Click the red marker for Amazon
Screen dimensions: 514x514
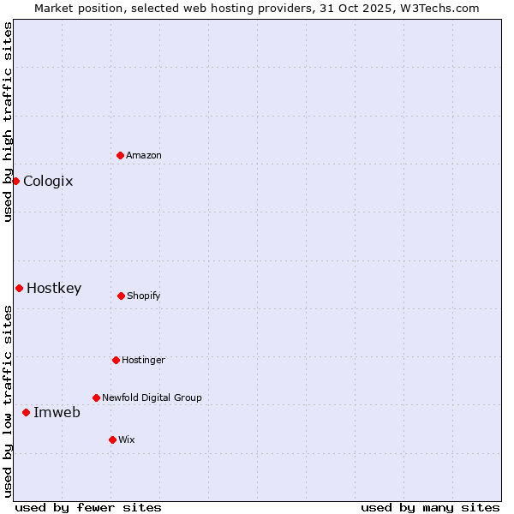(x=120, y=155)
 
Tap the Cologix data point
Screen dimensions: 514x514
(x=15, y=181)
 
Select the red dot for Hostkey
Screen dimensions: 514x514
(x=19, y=288)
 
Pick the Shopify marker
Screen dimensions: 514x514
(x=121, y=296)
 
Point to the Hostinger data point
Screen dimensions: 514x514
(x=116, y=360)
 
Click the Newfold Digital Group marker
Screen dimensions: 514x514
(x=96, y=397)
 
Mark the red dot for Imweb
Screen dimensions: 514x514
(x=26, y=412)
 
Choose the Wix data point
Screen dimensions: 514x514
(x=112, y=439)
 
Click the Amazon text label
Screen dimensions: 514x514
(x=144, y=155)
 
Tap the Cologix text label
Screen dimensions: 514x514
(x=48, y=181)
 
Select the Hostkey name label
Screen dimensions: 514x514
(x=54, y=288)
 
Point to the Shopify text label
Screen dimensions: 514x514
(x=144, y=296)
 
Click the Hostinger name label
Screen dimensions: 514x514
(x=143, y=360)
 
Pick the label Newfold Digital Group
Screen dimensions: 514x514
(x=152, y=397)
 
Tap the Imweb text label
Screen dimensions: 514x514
(x=57, y=412)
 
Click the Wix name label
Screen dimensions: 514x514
(x=127, y=439)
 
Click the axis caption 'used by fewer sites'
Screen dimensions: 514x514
(x=88, y=507)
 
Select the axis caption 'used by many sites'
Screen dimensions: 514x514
(x=430, y=507)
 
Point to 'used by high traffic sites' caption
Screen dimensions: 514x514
(x=8, y=122)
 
